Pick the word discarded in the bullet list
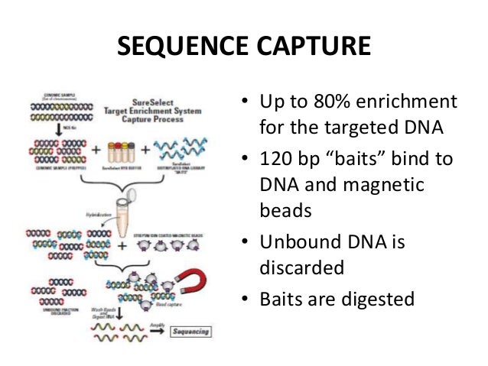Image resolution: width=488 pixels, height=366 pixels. pyautogui.click(x=302, y=267)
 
